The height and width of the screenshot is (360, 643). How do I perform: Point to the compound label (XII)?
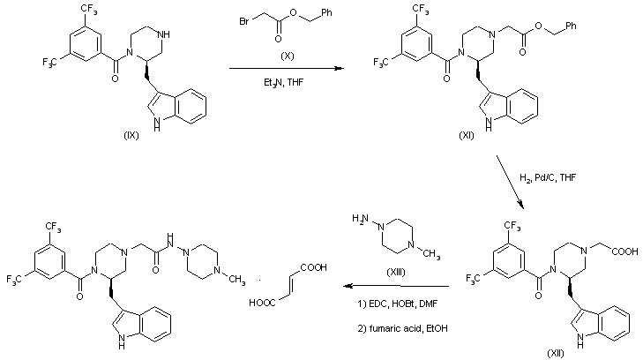(x=554, y=352)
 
